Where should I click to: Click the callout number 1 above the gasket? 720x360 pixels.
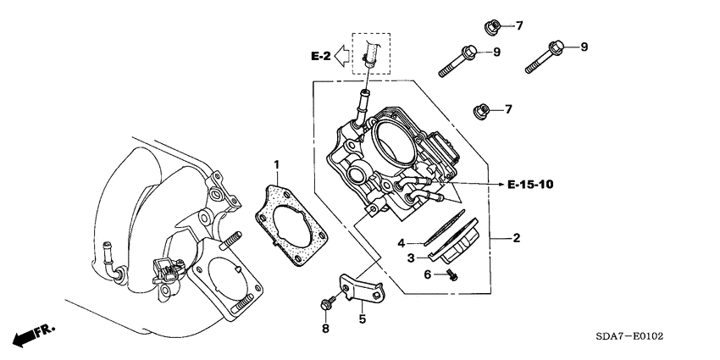tap(275, 162)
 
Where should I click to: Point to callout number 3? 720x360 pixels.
tap(403, 242)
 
